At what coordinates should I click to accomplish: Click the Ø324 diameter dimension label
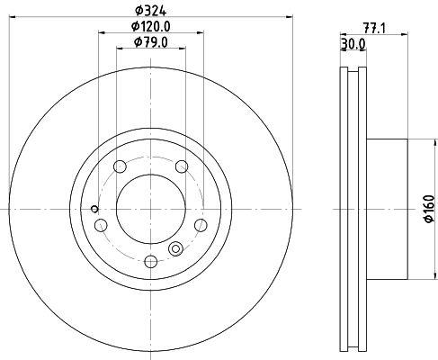[x=150, y=11]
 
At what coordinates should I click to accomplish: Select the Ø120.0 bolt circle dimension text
[x=151, y=27]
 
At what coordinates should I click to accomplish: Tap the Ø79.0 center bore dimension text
[x=151, y=42]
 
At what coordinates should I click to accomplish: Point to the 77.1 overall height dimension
[x=374, y=29]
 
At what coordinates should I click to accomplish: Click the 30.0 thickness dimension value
[x=353, y=45]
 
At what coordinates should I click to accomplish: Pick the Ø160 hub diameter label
[x=429, y=209]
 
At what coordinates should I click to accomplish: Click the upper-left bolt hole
[x=120, y=166]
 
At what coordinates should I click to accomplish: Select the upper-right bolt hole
[x=182, y=166]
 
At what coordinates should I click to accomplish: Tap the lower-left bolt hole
[x=101, y=225]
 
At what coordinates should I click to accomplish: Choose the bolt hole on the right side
[x=201, y=225]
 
